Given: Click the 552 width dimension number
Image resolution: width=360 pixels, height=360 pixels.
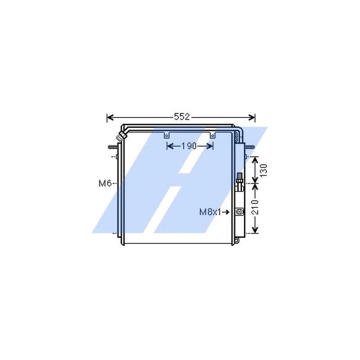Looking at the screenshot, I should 181,117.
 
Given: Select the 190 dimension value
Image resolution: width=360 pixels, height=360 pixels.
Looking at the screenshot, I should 189,146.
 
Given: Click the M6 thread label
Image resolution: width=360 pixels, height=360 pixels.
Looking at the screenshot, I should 105,183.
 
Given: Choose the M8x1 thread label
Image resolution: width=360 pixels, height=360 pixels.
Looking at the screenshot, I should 210,212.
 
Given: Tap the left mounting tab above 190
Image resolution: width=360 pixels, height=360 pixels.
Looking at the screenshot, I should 167,135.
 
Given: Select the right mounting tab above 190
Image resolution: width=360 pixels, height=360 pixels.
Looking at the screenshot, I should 212,135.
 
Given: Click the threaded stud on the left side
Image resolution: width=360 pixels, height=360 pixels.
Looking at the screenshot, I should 112,147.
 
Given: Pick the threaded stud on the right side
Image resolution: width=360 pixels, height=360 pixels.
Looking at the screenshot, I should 249,147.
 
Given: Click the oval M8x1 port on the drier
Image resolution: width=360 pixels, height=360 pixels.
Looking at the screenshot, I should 239,211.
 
